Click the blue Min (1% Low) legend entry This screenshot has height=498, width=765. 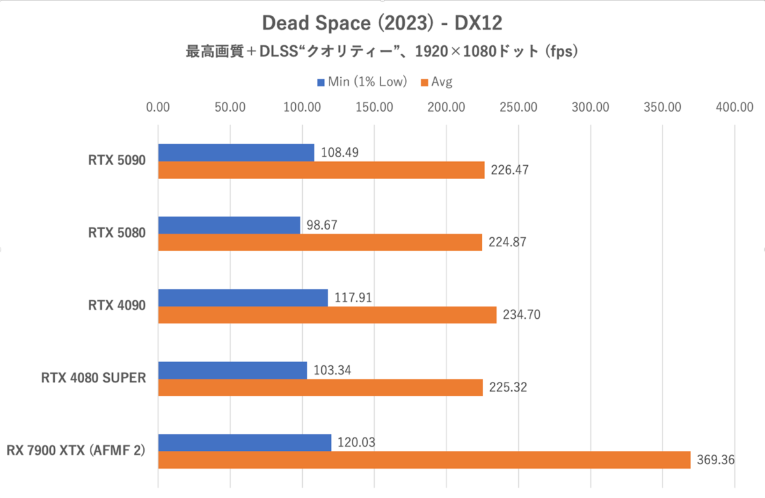click(361, 82)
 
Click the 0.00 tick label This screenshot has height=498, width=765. click(158, 106)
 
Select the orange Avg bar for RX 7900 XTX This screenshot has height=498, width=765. click(424, 460)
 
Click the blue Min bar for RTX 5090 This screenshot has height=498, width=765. click(236, 153)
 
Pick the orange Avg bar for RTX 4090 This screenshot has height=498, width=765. click(327, 315)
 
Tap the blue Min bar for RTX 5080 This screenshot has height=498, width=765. click(229, 225)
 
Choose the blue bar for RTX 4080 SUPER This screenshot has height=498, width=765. click(232, 370)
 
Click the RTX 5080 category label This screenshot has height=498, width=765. click(117, 233)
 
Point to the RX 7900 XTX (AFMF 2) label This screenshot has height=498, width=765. click(76, 451)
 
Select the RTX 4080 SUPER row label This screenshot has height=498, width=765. click(94, 378)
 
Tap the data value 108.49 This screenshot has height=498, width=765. click(341, 153)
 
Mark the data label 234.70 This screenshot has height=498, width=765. click(523, 315)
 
